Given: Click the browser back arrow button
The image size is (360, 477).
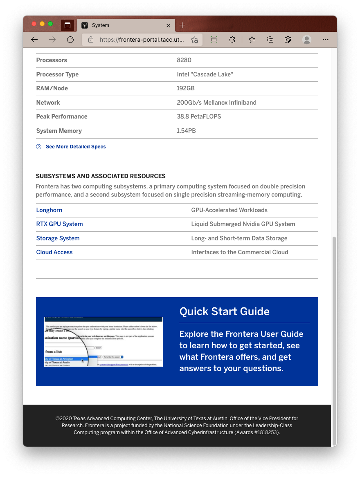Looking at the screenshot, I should click(34, 40).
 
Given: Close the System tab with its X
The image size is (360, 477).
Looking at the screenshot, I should click(168, 25).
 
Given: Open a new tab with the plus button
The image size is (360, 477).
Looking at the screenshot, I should click(182, 25).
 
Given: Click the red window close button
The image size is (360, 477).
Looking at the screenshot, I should click(34, 24).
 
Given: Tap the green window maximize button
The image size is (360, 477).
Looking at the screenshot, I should click(50, 24).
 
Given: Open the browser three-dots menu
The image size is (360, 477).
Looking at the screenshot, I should click(326, 40).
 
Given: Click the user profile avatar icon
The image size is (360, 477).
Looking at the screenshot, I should click(307, 40).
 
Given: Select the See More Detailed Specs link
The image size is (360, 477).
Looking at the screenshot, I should click(76, 147).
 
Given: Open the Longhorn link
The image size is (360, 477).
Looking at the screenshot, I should click(49, 210).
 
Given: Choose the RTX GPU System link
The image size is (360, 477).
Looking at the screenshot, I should click(59, 224).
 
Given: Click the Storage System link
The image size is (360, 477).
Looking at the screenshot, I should click(58, 238).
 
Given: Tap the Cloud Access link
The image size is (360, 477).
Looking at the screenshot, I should click(54, 252).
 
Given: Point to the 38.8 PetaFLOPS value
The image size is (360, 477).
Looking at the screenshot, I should click(199, 116).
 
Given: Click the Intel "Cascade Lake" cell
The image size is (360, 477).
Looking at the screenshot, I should click(205, 74).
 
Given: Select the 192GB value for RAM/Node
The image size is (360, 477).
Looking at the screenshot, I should click(186, 88).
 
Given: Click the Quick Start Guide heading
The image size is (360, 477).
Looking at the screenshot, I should click(224, 311).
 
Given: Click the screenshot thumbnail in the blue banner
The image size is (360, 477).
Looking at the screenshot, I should click(103, 342).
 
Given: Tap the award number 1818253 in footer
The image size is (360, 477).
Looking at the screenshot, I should click(267, 432).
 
